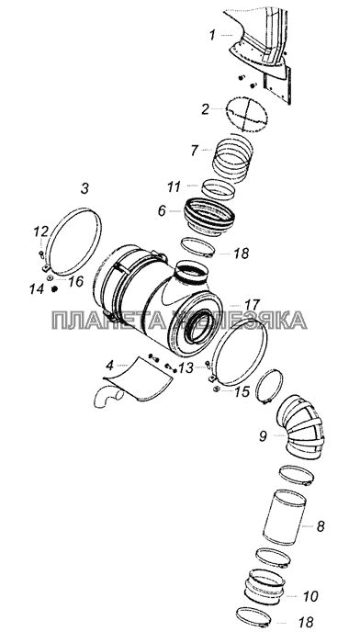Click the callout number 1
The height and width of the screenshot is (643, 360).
click(x=212, y=36)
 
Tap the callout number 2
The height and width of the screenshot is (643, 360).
click(x=205, y=109)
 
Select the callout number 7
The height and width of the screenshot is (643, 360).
click(x=195, y=151)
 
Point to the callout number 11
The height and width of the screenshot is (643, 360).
click(x=174, y=187)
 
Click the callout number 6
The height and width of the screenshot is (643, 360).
click(x=162, y=210)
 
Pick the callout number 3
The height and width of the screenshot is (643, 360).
click(x=84, y=189)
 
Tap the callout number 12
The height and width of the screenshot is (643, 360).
click(x=41, y=231)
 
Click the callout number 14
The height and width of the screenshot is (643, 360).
click(x=36, y=289)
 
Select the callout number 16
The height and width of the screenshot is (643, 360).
click(x=76, y=281)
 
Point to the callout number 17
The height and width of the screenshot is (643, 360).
click(x=253, y=305)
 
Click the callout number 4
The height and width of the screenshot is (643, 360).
click(x=109, y=365)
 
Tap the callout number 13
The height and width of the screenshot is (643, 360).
click(x=186, y=367)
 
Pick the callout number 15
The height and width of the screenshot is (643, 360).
click(x=242, y=391)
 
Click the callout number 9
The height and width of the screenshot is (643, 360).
click(x=263, y=436)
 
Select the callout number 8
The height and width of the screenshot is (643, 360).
click(x=321, y=526)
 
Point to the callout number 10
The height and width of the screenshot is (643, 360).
click(x=309, y=596)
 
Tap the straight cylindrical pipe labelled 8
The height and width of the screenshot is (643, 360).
click(x=284, y=517)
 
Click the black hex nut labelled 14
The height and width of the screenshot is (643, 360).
click(x=53, y=289)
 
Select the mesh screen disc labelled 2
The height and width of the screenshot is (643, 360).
click(x=246, y=114)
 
